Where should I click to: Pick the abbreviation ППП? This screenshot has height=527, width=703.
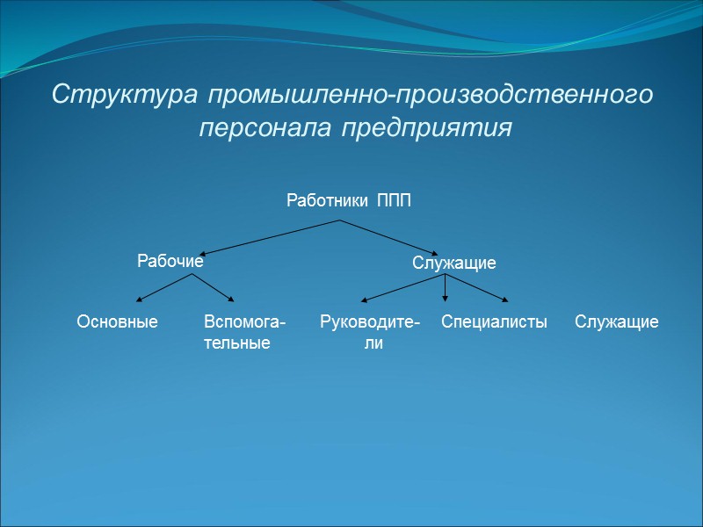click(x=395, y=201)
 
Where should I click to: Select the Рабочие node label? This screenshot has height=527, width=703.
click(x=170, y=261)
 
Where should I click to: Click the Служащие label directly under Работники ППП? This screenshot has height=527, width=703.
click(x=454, y=263)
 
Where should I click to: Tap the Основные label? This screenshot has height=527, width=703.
click(x=118, y=322)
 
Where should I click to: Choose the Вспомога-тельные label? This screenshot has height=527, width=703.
click(x=244, y=332)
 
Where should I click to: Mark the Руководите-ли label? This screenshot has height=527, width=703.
click(x=370, y=332)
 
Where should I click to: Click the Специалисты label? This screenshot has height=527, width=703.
click(x=494, y=322)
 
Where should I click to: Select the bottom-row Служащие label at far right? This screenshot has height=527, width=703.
click(x=617, y=322)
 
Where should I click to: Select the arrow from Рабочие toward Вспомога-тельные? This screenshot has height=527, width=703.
click(x=214, y=289)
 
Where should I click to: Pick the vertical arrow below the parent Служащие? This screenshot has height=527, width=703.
click(x=446, y=289)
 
